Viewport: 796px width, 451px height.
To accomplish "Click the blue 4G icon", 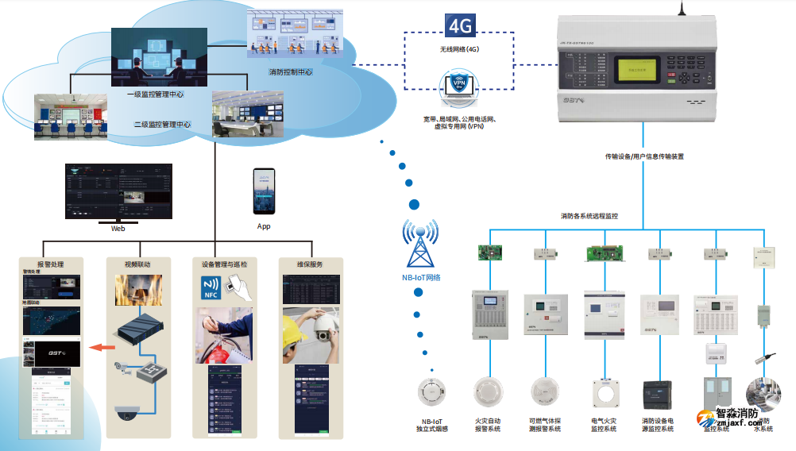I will [460, 26].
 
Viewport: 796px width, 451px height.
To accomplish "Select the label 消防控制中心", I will [290, 72].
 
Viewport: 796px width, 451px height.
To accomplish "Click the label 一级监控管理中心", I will [155, 94].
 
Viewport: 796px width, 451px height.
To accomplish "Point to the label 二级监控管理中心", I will [162, 124].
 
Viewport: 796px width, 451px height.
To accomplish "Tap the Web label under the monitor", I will [118, 228].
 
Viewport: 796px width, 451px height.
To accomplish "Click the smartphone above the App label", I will [264, 191].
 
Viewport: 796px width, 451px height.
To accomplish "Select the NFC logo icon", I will [210, 287].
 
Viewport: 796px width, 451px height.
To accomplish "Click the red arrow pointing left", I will [99, 346].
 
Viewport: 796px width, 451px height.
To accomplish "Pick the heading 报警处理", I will [50, 264].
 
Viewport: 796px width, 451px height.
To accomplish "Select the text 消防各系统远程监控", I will [589, 216].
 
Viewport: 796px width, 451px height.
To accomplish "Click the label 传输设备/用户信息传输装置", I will [643, 156].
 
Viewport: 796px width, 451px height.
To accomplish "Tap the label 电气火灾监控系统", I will [604, 425].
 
